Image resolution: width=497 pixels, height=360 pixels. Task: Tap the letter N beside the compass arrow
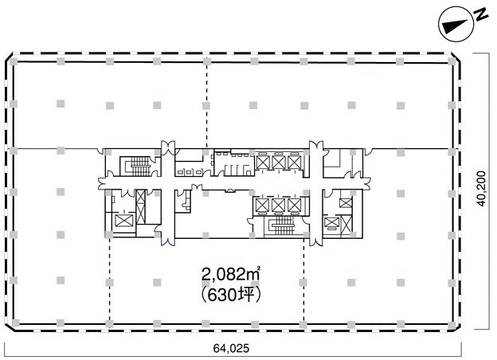pos(475,16)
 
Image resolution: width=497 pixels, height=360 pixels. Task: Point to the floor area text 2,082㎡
pos(233,276)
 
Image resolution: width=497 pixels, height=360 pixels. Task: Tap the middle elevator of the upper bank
pos(278,162)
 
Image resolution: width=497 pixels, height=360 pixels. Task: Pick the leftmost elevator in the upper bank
pos(262,162)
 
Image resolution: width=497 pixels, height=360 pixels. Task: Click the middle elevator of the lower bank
pos(278,205)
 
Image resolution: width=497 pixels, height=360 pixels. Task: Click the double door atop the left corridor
pos(167,147)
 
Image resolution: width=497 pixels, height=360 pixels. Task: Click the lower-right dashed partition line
pos(303,283)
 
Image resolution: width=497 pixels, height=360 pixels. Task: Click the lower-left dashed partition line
pos(109,283)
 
